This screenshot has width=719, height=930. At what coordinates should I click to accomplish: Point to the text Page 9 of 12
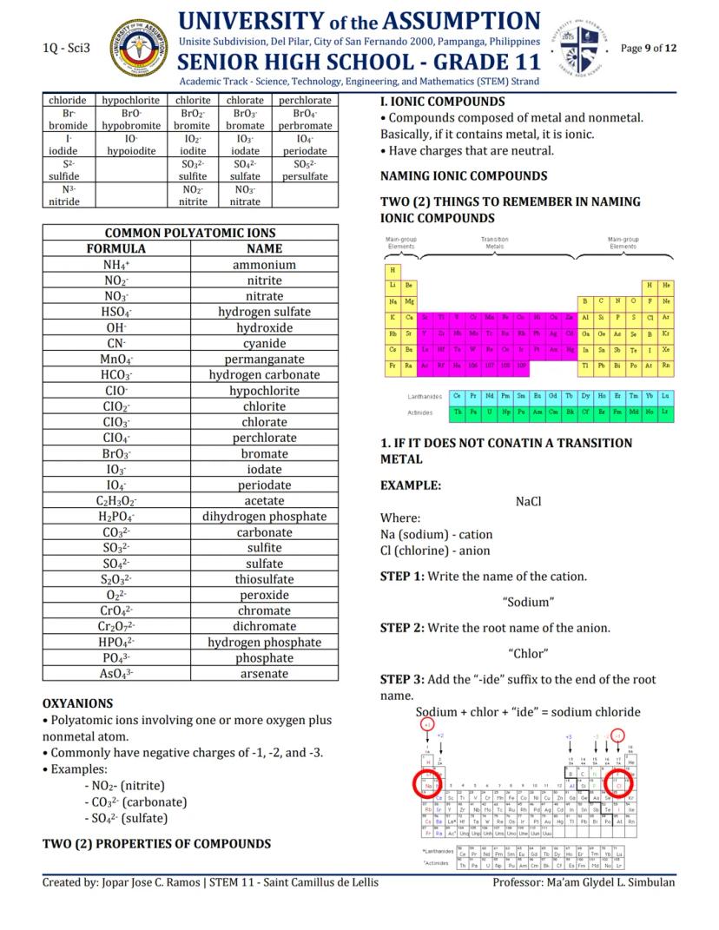click(x=649, y=48)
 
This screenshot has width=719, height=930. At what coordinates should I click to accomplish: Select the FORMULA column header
click(x=115, y=249)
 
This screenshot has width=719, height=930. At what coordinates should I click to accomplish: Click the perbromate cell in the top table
click(x=305, y=126)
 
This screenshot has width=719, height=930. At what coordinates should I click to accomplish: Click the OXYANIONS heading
click(x=78, y=703)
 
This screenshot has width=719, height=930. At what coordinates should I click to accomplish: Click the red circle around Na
click(x=429, y=783)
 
